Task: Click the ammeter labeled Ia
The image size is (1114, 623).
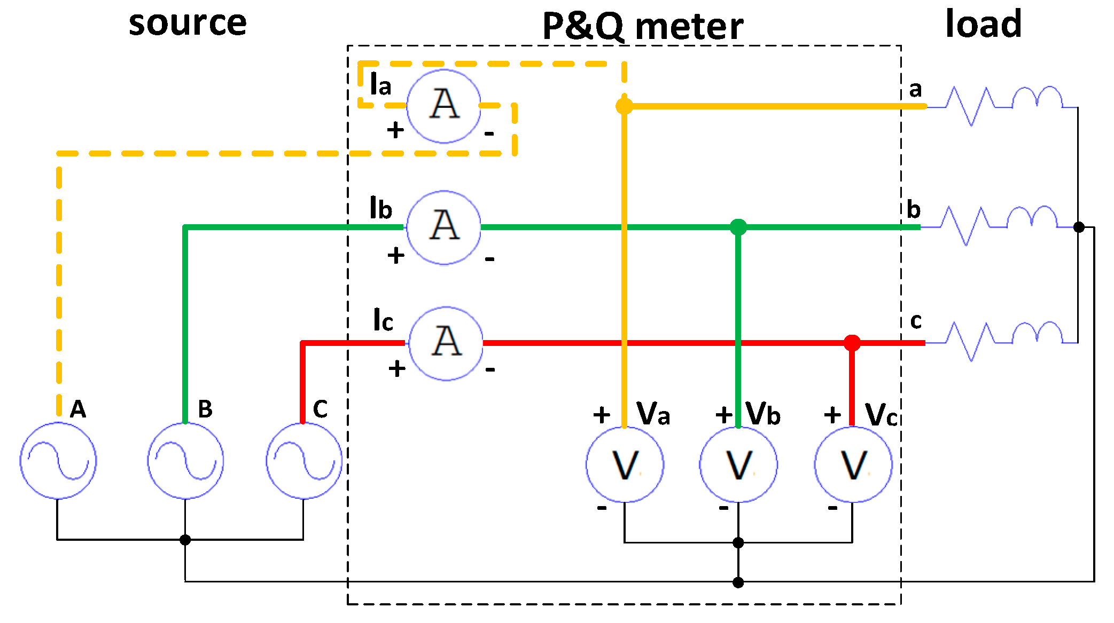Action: coord(443,106)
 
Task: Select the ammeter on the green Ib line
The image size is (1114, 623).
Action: coord(443,227)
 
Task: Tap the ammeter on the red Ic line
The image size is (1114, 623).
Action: coord(446,343)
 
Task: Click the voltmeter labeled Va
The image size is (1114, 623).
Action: coord(625,464)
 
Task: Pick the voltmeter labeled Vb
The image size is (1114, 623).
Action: coord(738,464)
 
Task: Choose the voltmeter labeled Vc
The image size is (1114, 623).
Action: coord(853,464)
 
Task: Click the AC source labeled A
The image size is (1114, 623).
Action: coord(58,461)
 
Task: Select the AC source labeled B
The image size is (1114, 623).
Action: coord(185,461)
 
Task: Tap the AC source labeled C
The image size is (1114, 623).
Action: coord(303,461)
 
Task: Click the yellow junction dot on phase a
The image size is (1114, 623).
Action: coord(624,106)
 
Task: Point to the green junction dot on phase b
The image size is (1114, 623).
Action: coord(738,227)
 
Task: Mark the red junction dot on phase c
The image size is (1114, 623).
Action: coord(852,343)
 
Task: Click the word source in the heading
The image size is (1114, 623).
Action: coord(188,23)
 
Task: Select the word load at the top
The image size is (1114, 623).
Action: coord(983,23)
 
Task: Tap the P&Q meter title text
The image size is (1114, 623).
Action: coord(642,27)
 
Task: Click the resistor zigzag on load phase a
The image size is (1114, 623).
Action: coord(970,106)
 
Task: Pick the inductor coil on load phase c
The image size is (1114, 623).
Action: coord(1037,333)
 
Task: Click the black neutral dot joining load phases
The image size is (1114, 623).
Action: coord(1079,227)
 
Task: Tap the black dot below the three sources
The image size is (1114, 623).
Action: coord(185,540)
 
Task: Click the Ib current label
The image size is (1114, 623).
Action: coord(380,208)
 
